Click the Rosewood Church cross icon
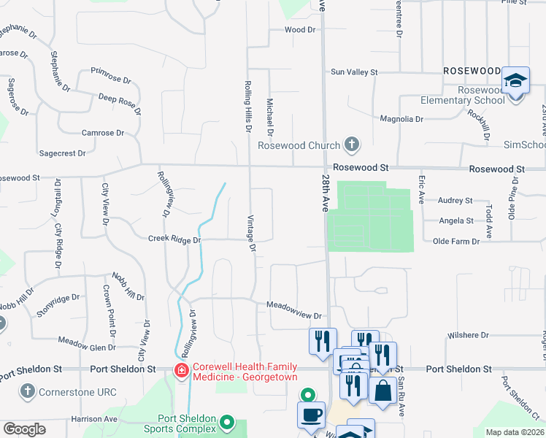(352, 145)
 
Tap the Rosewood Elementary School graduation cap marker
(515, 81)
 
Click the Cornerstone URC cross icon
(28, 391)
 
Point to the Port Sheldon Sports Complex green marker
(227, 423)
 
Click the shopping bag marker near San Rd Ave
(382, 391)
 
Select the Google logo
(25, 429)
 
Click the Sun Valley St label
(354, 72)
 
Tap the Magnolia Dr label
(401, 119)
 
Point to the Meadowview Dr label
(294, 310)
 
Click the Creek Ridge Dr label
(174, 239)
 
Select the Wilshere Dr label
(469, 335)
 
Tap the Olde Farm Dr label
(456, 241)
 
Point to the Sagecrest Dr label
(62, 154)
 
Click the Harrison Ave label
(94, 419)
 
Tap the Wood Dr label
(299, 30)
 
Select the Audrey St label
(455, 200)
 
